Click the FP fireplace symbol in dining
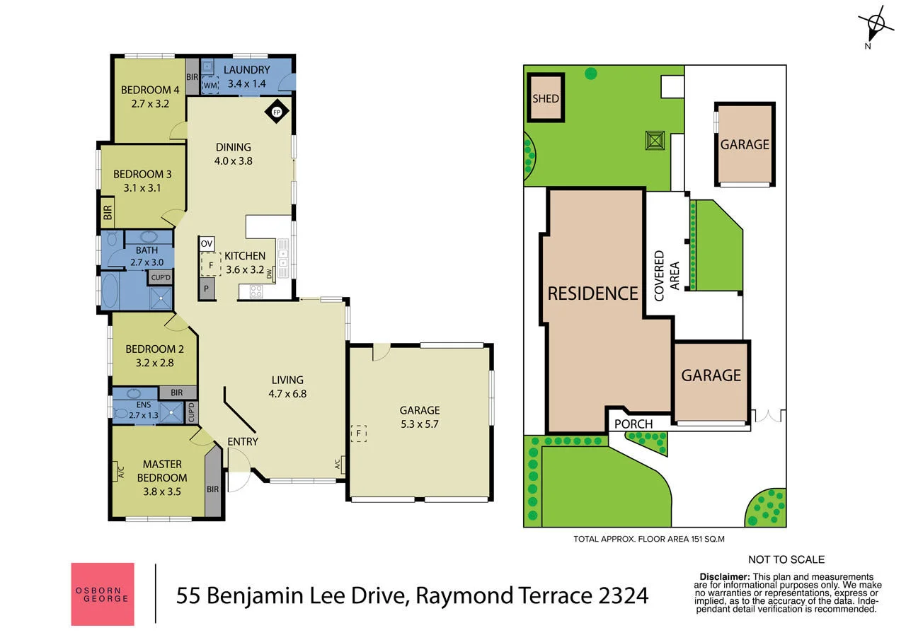277,112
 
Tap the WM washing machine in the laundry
210,85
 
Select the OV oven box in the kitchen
207,243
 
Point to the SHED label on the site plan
546,98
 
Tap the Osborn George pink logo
103,594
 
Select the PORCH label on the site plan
633,424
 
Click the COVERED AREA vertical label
665,276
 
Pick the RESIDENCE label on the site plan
592,293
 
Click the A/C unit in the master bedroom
118,470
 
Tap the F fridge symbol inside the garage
360,433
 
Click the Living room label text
286,380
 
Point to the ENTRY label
243,441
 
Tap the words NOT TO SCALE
786,559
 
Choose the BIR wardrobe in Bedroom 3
108,214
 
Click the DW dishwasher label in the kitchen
270,275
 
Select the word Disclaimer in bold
725,577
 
